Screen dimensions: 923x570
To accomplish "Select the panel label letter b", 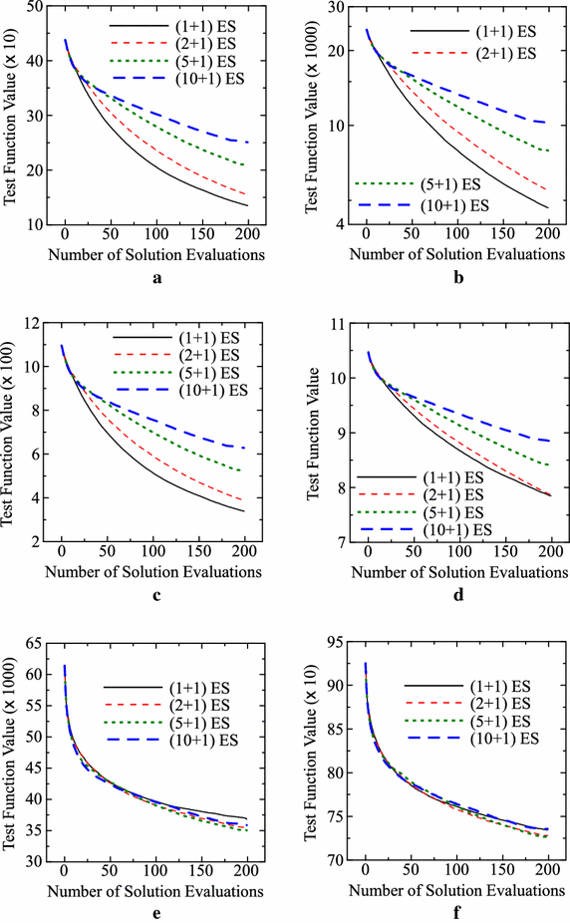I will (458, 278).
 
